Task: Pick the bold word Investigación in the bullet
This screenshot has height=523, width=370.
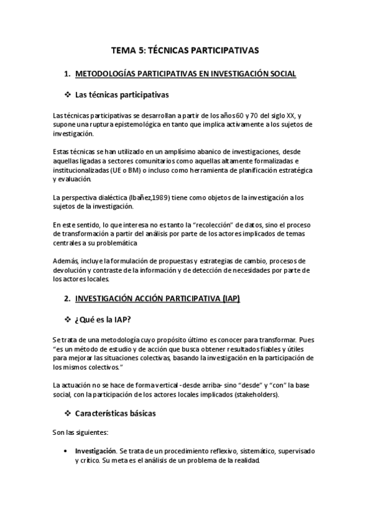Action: (x=95, y=451)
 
